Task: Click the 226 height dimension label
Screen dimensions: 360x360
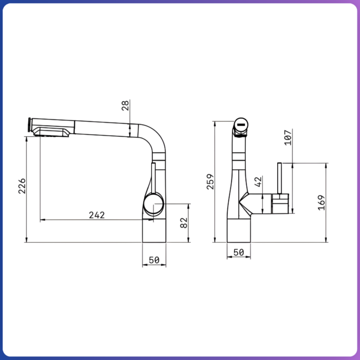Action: tap(22, 186)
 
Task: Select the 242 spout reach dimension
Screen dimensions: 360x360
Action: tap(97, 215)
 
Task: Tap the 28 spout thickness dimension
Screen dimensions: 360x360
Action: tap(125, 105)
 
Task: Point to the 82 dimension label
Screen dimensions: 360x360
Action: tap(184, 223)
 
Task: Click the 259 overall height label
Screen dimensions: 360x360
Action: tap(210, 182)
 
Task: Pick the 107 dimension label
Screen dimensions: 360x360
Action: tap(288, 137)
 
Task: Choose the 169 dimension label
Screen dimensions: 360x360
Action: tap(321, 203)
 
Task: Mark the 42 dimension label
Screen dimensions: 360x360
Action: tap(258, 182)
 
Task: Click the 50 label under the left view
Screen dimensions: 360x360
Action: tap(154, 260)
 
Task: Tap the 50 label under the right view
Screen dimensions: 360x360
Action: tap(239, 253)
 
